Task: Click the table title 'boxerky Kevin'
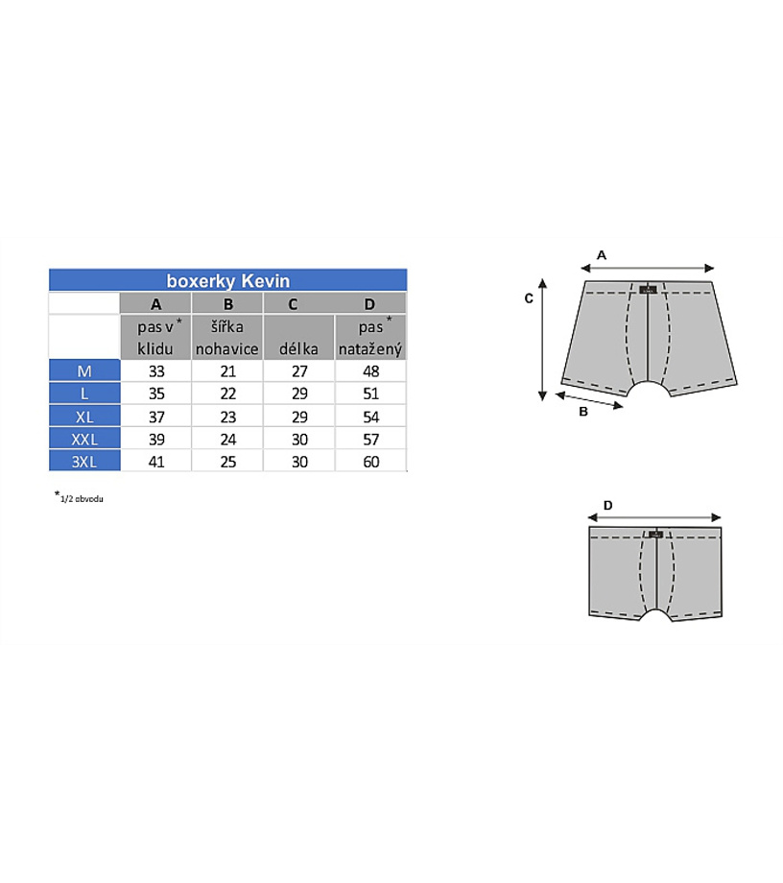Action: (228, 280)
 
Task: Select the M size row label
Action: (84, 371)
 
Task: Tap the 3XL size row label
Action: (84, 462)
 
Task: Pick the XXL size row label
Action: (84, 440)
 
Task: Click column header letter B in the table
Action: (228, 304)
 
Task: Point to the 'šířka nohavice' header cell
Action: (227, 337)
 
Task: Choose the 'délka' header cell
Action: (298, 337)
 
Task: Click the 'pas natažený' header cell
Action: (370, 337)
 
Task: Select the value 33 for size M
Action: (156, 371)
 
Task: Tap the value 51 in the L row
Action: (371, 394)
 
